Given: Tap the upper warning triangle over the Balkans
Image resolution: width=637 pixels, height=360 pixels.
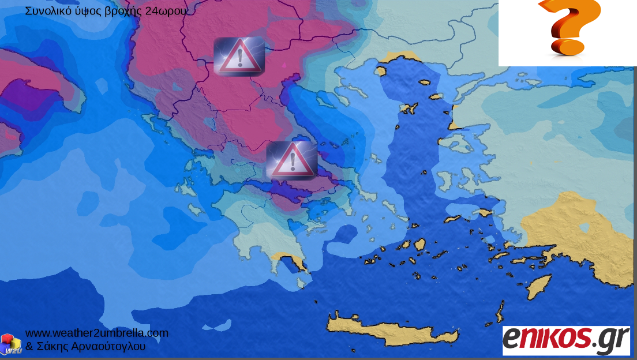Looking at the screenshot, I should pos(239,57).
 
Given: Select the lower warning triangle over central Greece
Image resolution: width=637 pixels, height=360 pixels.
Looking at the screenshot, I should pos(291,159).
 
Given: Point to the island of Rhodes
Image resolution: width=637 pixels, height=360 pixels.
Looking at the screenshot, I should pos(539,286).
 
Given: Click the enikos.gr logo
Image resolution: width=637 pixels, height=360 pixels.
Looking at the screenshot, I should pos(565,340).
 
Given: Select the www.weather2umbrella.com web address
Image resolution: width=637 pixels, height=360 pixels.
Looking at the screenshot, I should pos(97,333).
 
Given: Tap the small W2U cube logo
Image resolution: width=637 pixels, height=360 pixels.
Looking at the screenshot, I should pos(10,344).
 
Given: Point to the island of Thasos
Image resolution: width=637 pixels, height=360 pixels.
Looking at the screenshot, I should pos(380,71).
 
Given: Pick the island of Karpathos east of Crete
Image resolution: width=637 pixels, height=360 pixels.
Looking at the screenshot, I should pos(500,312).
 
